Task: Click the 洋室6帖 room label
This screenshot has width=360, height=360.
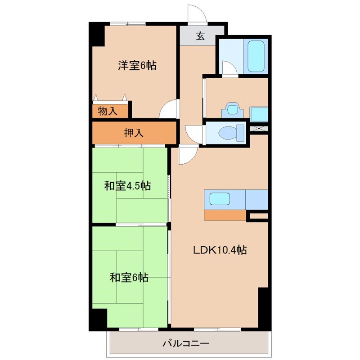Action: click(137, 66)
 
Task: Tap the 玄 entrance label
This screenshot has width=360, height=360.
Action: click(201, 36)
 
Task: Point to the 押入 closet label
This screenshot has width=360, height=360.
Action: click(134, 133)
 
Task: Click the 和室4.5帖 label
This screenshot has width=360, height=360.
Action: click(127, 186)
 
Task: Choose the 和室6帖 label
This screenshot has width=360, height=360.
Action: click(129, 278)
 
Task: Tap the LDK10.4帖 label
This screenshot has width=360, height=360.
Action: click(220, 251)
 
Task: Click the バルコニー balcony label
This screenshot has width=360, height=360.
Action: click(185, 344)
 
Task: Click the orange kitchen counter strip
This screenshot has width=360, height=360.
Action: click(225, 215)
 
